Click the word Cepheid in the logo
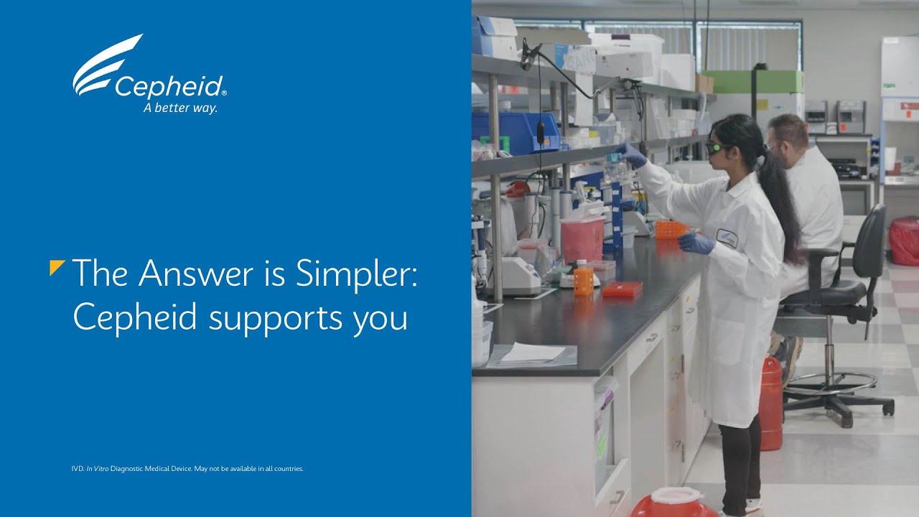pyautogui.click(x=169, y=87)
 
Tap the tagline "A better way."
pyautogui.click(x=180, y=108)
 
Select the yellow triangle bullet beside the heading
pyautogui.click(x=57, y=268)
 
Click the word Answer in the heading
pyautogui.click(x=196, y=273)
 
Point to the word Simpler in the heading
pyautogui.click(x=356, y=274)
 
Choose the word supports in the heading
pyautogui.click(x=275, y=318)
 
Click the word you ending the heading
pyautogui.click(x=381, y=320)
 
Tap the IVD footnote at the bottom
pyautogui.click(x=187, y=469)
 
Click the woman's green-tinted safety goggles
pyautogui.click(x=716, y=147)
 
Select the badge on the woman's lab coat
pyautogui.click(x=727, y=238)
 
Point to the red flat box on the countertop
pyautogui.click(x=622, y=289)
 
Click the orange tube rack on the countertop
pyautogui.click(x=671, y=229)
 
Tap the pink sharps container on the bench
pyautogui.click(x=582, y=239)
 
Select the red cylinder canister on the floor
pyautogui.click(x=770, y=404)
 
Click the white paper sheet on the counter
pyautogui.click(x=533, y=353)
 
